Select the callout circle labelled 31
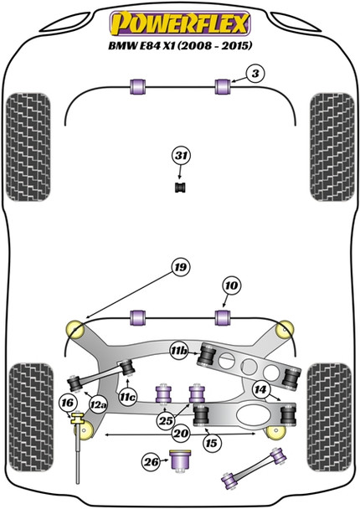point(180,155)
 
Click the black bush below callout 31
point(180,186)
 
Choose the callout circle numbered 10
point(230,286)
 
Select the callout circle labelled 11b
point(178,352)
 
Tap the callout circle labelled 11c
point(127,396)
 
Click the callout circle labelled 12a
point(98,405)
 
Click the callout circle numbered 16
point(67,404)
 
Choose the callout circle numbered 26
point(150,460)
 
